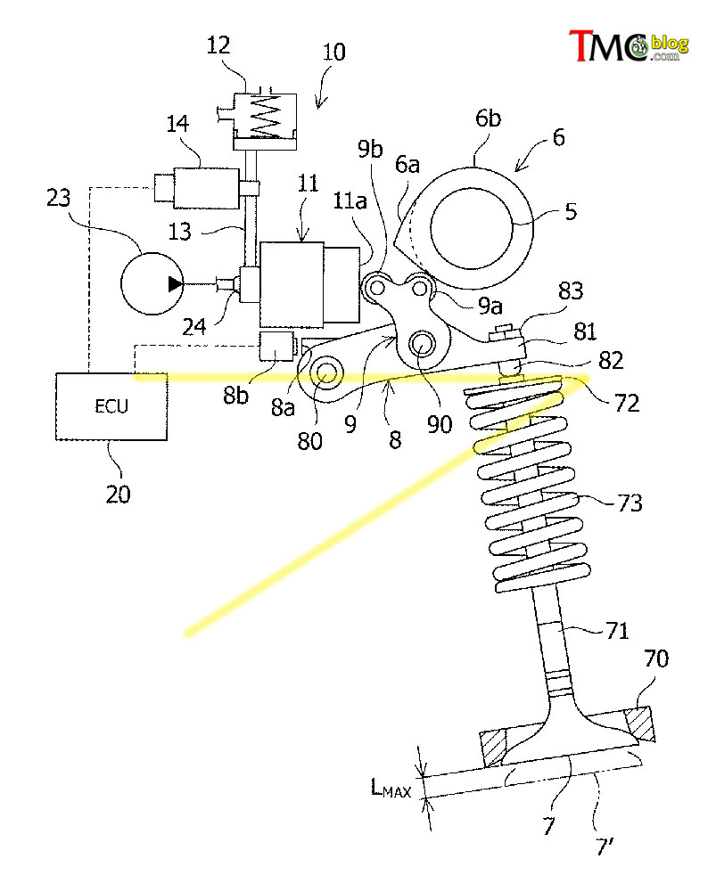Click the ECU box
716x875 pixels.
click(x=111, y=406)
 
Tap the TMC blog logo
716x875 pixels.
click(x=629, y=45)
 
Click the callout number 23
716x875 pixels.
click(x=59, y=198)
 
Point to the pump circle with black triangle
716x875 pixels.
click(x=152, y=284)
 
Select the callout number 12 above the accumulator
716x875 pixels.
click(x=218, y=45)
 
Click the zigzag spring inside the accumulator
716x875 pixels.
click(x=266, y=116)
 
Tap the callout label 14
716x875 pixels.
click(x=177, y=123)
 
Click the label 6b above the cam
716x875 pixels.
click(x=488, y=119)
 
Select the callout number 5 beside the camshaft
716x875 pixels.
click(x=571, y=211)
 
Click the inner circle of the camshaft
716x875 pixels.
click(x=472, y=228)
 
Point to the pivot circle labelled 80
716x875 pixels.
click(x=326, y=374)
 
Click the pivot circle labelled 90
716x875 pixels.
click(x=422, y=346)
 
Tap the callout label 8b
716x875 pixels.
click(x=235, y=395)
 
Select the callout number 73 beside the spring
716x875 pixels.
click(x=630, y=503)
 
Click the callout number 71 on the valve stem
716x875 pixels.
click(x=618, y=631)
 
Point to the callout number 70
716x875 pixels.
click(x=655, y=658)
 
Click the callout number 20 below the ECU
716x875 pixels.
click(x=118, y=494)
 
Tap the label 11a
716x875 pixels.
click(x=350, y=200)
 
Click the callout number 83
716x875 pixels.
click(x=571, y=290)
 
